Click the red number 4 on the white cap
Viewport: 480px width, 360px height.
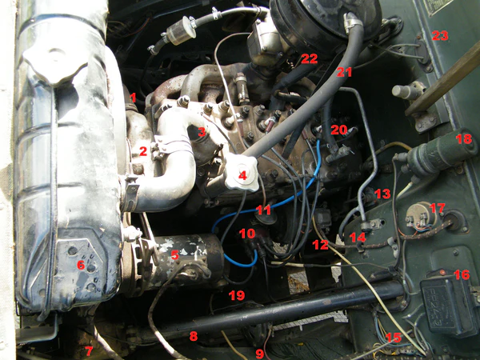(242, 175)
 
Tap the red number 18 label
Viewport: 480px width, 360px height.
(464, 138)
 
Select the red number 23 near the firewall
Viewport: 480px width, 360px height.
(440, 36)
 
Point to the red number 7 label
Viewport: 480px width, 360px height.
(89, 351)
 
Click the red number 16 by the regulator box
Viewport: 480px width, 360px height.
(462, 274)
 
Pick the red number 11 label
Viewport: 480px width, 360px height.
(263, 210)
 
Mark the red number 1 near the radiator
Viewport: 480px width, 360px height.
(133, 98)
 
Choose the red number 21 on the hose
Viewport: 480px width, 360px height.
(344, 72)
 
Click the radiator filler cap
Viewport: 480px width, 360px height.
(55, 63)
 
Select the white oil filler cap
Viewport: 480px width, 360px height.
(242, 173)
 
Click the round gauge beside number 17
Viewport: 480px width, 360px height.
(422, 214)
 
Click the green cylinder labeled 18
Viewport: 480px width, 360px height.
(441, 152)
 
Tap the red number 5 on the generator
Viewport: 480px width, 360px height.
(174, 254)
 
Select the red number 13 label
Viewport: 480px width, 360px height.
(382, 194)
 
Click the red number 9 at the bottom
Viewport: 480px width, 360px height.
(259, 354)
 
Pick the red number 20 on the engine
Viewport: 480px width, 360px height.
(339, 130)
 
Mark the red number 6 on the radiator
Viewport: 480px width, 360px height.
(81, 265)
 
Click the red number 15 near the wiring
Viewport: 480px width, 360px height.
(394, 338)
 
